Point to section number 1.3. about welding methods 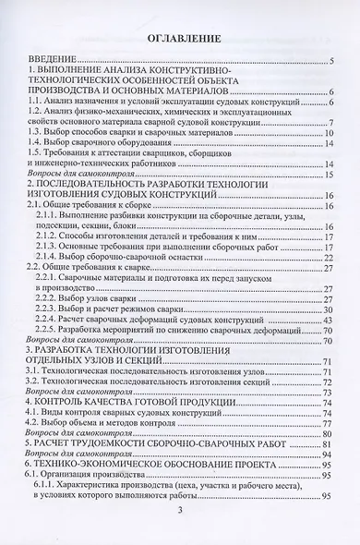(x=41, y=132)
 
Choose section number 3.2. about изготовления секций (x=41, y=381)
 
